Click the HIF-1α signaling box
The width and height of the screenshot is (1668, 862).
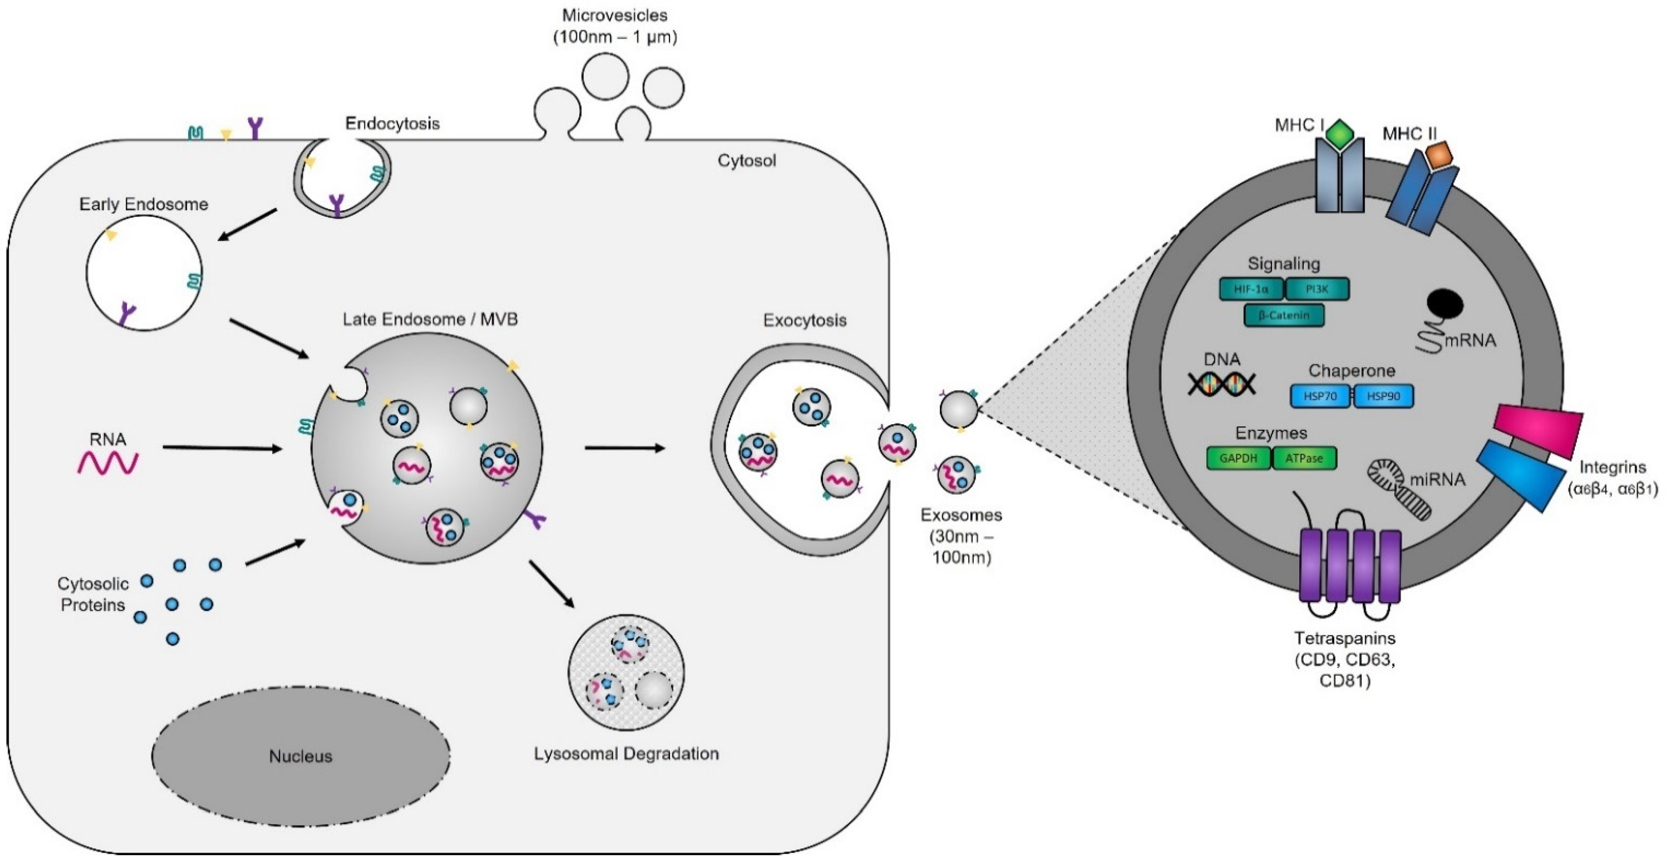[1251, 289]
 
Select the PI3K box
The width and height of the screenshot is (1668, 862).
[1317, 289]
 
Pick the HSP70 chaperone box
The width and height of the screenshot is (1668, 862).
[1320, 396]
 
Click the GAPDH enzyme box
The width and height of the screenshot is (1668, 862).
[1238, 458]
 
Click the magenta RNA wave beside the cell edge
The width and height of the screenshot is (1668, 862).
[108, 462]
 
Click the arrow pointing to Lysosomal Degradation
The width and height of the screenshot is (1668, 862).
[552, 584]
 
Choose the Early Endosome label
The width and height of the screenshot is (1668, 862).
[144, 204]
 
